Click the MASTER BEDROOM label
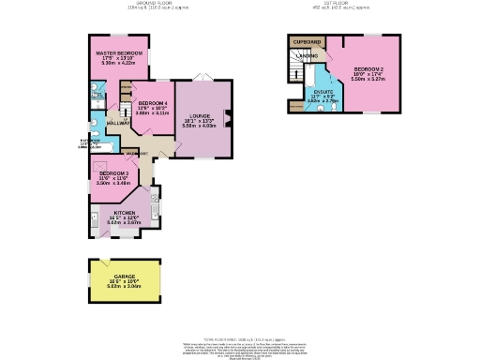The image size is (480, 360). click(118, 52)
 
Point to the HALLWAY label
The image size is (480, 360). click(118, 123)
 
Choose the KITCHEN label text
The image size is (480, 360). click(126, 213)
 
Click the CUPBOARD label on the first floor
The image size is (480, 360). click(307, 42)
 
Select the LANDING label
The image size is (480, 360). click(307, 56)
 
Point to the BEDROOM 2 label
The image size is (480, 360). click(368, 69)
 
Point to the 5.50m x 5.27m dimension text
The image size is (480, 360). click(368, 80)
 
